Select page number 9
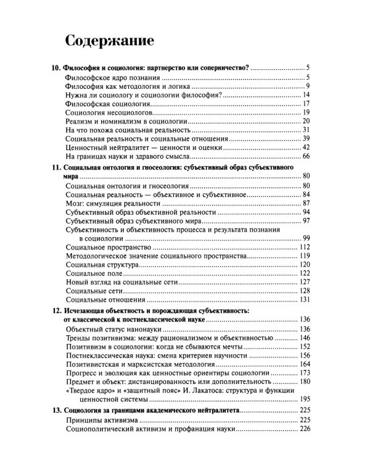click(x=306, y=86)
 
